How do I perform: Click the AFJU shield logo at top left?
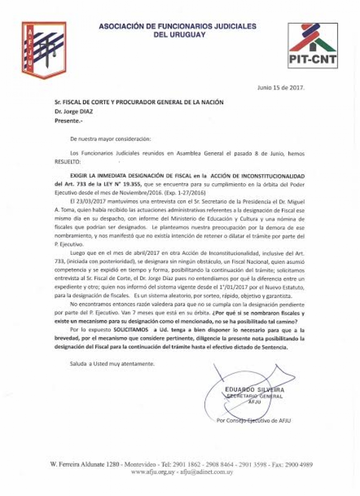coord(43,50)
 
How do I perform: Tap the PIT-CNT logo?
coord(313,45)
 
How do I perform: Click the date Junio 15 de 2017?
coord(281,88)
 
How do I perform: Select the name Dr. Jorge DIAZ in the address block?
coord(74,111)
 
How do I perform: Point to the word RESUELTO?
coord(67,162)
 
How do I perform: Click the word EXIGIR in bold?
coord(78,176)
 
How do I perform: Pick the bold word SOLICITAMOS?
coord(131,330)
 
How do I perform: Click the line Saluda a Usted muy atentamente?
coord(112,364)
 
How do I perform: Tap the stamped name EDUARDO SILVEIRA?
coord(255,390)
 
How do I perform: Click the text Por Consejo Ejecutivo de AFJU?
coord(253,421)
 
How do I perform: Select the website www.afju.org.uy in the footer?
coord(153,472)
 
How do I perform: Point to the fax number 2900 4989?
coord(299,465)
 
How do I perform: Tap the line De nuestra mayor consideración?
coord(111,139)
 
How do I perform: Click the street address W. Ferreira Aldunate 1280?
coord(85,465)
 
